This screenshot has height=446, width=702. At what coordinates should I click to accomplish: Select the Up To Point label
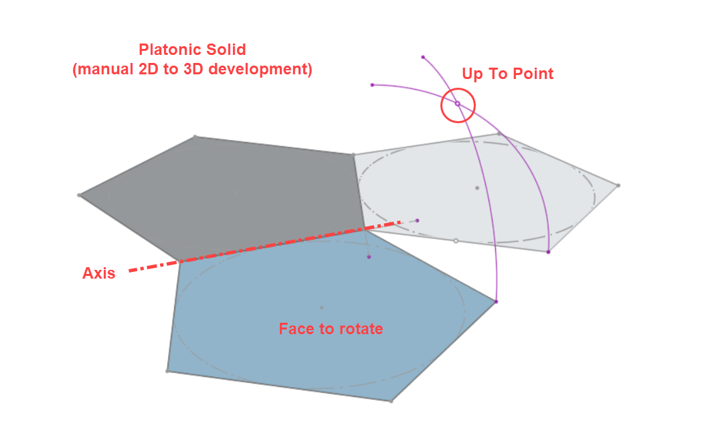(x=508, y=74)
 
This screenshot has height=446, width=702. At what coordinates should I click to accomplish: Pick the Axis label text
(x=98, y=273)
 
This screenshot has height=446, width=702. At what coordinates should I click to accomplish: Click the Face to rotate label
(x=331, y=329)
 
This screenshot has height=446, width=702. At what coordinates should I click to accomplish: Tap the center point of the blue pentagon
(x=321, y=307)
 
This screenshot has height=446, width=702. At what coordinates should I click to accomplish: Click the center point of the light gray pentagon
(x=476, y=188)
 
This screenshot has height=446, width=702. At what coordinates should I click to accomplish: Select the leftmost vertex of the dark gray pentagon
(x=79, y=196)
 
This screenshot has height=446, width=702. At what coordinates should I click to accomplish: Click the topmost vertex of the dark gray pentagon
(x=195, y=136)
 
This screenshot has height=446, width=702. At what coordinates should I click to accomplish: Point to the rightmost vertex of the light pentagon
(x=618, y=185)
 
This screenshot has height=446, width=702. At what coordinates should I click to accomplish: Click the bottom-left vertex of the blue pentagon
(x=167, y=371)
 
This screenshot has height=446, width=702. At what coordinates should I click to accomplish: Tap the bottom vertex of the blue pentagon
(x=391, y=401)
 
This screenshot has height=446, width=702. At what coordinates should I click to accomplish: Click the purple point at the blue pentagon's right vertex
(x=496, y=302)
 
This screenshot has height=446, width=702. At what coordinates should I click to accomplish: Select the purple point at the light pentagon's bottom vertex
(x=549, y=252)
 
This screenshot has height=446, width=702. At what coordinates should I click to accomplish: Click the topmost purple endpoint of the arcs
(x=423, y=58)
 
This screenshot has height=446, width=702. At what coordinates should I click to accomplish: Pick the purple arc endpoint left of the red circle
(x=372, y=84)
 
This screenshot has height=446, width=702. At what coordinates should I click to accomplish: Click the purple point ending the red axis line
(x=418, y=220)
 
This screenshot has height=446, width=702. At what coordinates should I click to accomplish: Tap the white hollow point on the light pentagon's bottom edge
(x=456, y=241)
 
